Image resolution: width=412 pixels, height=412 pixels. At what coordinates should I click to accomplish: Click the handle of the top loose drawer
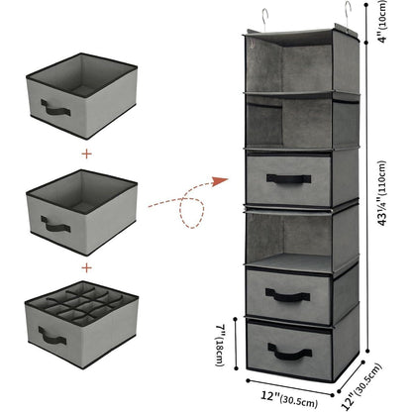click(x=55, y=108)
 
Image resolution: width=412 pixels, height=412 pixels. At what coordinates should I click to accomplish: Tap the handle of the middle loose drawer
click(x=55, y=225)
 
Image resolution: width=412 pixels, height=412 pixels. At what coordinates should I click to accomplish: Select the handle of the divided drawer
click(x=52, y=336)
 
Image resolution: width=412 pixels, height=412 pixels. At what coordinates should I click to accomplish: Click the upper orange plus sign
click(x=86, y=154)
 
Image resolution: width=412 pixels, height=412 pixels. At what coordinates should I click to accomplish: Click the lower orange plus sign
click(x=86, y=267)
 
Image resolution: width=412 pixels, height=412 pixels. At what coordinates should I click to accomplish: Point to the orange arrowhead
click(x=219, y=181)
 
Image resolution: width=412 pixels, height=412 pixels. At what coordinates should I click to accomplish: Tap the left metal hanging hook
click(x=264, y=20)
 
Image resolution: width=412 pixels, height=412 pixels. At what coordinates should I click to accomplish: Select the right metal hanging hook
click(x=348, y=16)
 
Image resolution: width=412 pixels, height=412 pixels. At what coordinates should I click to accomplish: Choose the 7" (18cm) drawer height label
click(x=221, y=345)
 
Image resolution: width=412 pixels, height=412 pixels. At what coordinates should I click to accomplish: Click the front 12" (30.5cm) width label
click(x=289, y=399)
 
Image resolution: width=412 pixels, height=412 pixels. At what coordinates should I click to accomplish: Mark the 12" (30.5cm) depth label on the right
click(x=361, y=387)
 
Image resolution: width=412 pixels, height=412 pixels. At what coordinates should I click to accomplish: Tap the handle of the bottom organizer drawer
click(x=290, y=352)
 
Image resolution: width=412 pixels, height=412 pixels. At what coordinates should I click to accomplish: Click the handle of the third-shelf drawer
click(x=288, y=178)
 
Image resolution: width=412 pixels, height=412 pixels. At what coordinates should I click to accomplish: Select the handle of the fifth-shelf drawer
click(x=288, y=295)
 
